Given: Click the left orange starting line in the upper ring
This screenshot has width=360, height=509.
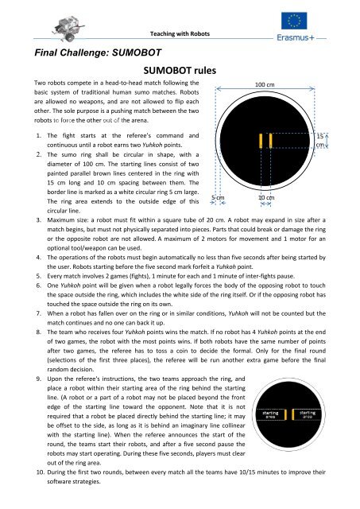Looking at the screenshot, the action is coord(259,140).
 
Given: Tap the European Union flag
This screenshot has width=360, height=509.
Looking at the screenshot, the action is coord(319,17).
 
